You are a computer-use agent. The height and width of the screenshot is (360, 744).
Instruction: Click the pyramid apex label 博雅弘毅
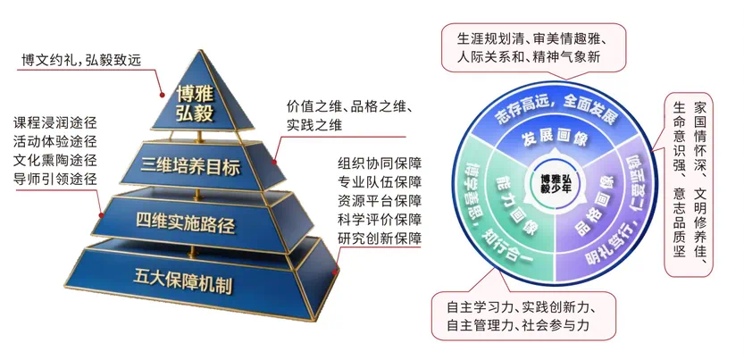pyautogui.click(x=195, y=104)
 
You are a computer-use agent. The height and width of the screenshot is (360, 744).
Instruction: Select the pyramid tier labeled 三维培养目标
pyautogui.click(x=190, y=167)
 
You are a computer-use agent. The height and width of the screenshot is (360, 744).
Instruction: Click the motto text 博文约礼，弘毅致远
pyautogui.click(x=81, y=61)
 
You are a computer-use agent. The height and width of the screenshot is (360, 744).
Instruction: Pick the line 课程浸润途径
pyautogui.click(x=55, y=123)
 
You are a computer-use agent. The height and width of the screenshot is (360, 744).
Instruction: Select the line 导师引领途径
pyautogui.click(x=55, y=179)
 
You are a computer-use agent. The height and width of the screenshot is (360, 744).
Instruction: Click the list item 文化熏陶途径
pyautogui.click(x=55, y=160)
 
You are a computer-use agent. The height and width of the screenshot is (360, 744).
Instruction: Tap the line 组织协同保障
pyautogui.click(x=380, y=163)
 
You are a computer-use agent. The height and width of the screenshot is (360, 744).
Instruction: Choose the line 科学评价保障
pyautogui.click(x=380, y=219)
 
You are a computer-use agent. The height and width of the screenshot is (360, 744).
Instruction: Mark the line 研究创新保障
pyautogui.click(x=380, y=238)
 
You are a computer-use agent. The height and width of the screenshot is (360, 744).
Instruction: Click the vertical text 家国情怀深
pyautogui.click(x=700, y=138)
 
